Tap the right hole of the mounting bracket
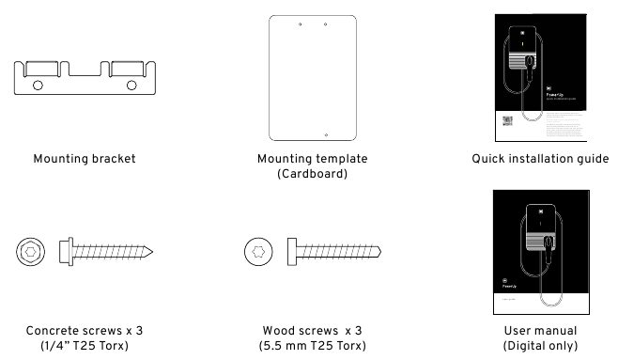[x=131, y=86]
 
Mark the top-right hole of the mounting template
[x=324, y=23]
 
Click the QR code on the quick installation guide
[x=507, y=122]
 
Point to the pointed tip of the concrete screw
[x=153, y=252]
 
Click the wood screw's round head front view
[x=258, y=252]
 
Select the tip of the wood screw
[x=382, y=252]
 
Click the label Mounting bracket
[x=83, y=158]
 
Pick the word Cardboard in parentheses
[x=313, y=174]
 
